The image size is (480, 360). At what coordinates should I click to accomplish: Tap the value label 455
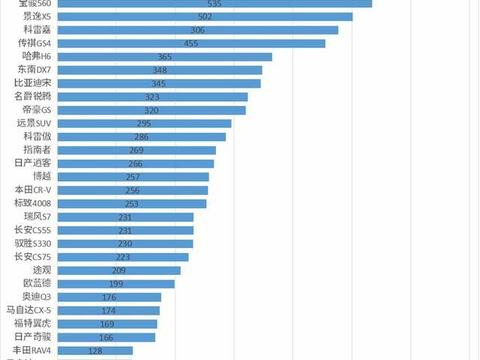[192, 44]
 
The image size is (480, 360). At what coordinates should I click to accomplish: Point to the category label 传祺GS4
[32, 44]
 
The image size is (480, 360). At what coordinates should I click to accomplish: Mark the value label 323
[153, 97]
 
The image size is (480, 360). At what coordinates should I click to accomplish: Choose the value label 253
[132, 203]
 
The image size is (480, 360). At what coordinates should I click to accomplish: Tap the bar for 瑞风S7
[126, 216]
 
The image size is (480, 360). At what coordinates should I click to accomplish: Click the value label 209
[119, 270]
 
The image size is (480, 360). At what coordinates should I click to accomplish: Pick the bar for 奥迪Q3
[109, 297]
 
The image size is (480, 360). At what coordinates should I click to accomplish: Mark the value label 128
[96, 351]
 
